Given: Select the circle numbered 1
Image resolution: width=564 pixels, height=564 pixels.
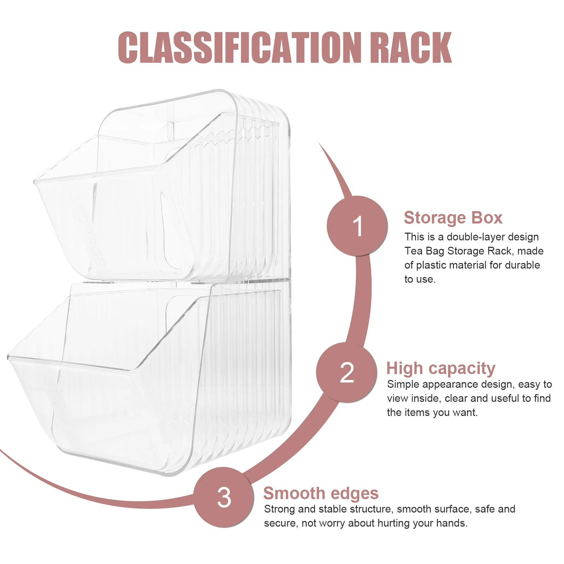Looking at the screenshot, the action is click(357, 226).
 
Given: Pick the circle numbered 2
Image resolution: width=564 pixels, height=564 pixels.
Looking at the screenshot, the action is click(347, 372).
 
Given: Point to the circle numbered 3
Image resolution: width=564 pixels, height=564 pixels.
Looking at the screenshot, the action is click(224, 497).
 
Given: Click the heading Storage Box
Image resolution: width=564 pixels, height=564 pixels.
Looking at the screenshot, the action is click(453, 217).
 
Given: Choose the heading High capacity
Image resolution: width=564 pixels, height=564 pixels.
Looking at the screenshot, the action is click(441, 369).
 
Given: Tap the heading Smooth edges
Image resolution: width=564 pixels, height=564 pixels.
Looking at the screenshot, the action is click(321, 493).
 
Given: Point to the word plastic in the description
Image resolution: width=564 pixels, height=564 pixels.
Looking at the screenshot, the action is click(432, 265).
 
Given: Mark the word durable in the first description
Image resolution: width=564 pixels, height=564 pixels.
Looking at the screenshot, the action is click(522, 265).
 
